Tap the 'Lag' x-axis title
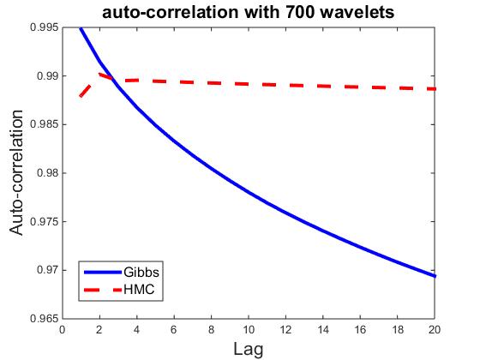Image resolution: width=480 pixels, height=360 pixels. coord(249,349)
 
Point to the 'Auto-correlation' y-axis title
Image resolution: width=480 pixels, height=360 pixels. coord(16,172)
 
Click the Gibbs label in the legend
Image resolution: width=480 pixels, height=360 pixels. coord(141,272)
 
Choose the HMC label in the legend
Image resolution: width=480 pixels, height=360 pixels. coord(139,290)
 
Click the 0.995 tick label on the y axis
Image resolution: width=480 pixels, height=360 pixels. coord(44,27)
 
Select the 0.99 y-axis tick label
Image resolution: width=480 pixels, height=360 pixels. coord(47,76)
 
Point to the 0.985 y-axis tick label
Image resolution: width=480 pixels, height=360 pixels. coord(44,124)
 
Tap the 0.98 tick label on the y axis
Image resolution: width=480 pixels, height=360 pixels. coord(47,173)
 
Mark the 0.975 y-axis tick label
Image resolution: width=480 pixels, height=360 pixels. coord(44,222)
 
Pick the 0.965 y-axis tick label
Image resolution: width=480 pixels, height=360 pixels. coord(44,319)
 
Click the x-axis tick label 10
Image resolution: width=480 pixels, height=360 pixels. coord(249,330)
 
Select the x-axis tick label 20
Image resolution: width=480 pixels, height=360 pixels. coord(435,330)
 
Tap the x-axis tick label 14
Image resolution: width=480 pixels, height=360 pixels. coord(323,330)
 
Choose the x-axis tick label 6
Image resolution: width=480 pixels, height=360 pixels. coord(174,330)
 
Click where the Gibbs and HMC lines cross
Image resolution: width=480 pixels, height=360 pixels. coord(113,79)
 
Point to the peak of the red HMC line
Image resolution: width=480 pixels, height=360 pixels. coord(99,74)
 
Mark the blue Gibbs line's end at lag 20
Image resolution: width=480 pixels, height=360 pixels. coord(435,276)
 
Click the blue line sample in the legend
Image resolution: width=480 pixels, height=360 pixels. coord(103,273)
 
